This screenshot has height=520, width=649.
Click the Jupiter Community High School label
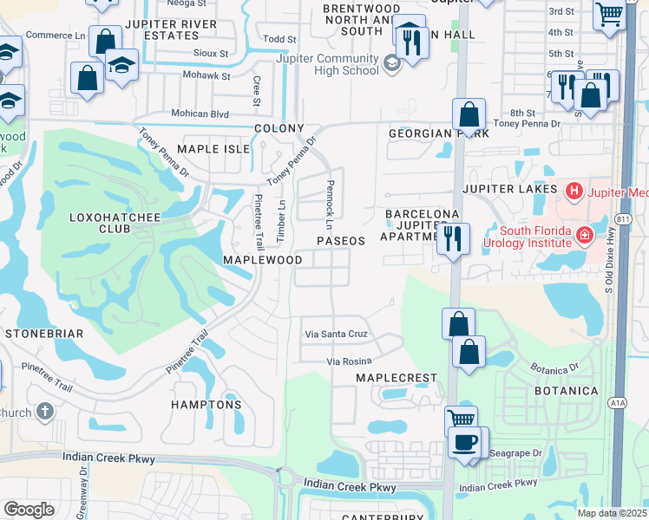(327, 64)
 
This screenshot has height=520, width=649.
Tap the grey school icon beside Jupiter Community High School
(391, 63)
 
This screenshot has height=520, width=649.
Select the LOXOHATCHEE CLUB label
(115, 223)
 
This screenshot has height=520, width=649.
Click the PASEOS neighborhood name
(340, 240)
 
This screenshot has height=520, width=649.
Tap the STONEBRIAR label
(44, 333)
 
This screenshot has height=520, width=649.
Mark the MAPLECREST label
(395, 379)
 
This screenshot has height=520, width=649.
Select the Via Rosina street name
(349, 361)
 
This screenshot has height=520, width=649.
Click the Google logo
(29, 510)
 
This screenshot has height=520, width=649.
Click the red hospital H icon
(573, 190)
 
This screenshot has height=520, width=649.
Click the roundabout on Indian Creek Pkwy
(283, 476)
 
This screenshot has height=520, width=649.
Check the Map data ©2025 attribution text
(611, 513)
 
